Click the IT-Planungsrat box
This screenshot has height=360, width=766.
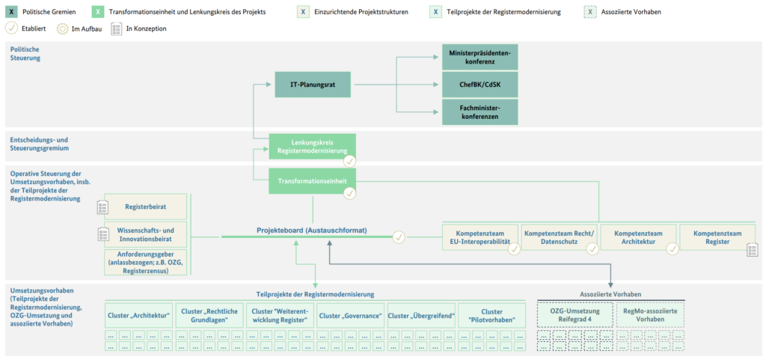coord(313,85)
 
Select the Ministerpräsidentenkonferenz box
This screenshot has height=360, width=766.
coord(479,57)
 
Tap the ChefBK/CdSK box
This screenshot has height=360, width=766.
coord(479,85)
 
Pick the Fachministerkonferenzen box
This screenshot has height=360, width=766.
coord(479,112)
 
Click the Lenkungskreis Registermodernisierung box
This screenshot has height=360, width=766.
coord(313,147)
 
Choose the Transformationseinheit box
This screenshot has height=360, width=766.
coord(313,181)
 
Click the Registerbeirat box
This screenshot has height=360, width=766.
coord(146,207)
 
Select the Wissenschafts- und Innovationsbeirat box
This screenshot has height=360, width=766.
coord(146,234)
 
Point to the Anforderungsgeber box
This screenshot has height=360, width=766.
coord(146,262)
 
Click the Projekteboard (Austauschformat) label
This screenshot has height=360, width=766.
coord(312,230)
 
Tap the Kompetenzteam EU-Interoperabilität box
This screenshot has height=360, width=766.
coord(479,237)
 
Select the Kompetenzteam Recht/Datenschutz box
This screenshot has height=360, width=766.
coord(559,237)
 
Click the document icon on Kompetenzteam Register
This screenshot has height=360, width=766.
coord(753,250)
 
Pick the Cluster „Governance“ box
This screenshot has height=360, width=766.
coord(350,316)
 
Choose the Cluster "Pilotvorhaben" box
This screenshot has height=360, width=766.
coord(491,316)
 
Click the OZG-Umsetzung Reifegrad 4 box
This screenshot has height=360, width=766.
coord(574,314)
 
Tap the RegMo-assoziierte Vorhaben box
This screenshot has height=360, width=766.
coord(650,314)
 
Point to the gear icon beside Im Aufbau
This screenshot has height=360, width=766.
coord(62,29)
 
